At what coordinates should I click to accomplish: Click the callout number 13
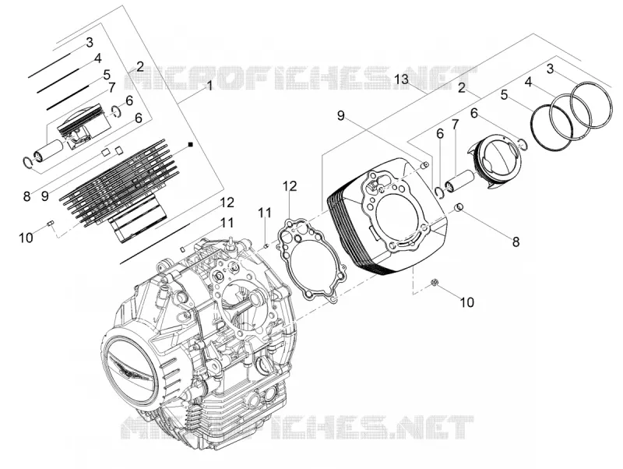point(401,79)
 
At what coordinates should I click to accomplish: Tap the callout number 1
point(209,85)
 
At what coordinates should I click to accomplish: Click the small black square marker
point(191,144)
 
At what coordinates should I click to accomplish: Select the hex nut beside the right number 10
point(435,283)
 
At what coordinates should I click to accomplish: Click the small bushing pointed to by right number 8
point(459,207)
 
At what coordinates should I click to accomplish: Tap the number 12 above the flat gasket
point(290,186)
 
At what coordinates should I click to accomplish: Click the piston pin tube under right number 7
point(459,179)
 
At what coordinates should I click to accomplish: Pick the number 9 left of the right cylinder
point(341,115)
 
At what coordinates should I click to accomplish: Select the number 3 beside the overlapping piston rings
point(550,69)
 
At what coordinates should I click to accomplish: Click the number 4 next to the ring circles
point(528,82)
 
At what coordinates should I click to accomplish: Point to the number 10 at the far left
point(26,238)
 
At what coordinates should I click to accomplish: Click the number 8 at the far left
point(26,196)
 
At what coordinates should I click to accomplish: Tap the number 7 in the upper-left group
point(111,87)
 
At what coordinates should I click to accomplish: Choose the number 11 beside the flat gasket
point(265,213)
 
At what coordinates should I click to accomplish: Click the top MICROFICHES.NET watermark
point(301,79)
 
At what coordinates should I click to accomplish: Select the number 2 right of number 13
point(461,87)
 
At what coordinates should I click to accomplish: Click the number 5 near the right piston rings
point(504,95)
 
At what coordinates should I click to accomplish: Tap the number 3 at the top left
point(90,42)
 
